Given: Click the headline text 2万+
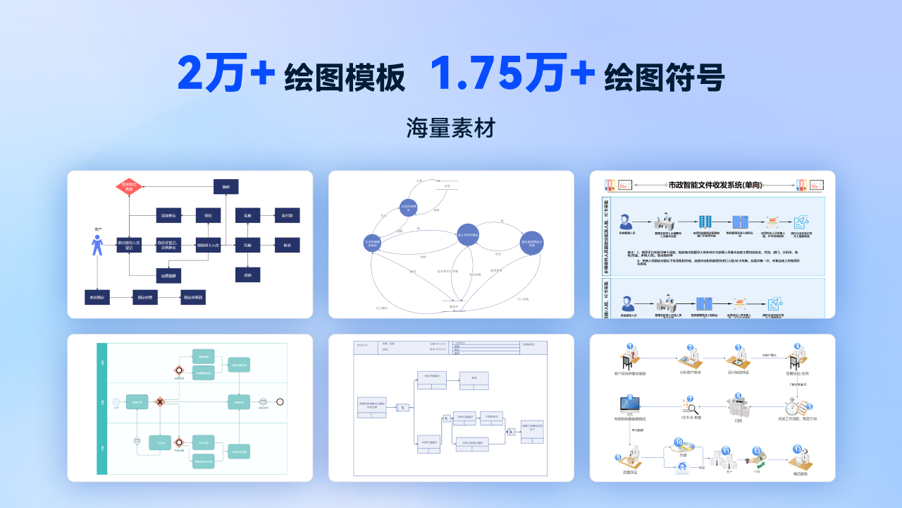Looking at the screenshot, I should [x=225, y=73].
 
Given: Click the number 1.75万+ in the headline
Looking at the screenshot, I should [x=513, y=73].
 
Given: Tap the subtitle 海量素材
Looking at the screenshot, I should [x=451, y=128].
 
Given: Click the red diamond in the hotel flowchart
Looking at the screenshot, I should [x=130, y=187].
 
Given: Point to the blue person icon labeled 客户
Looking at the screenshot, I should [x=97, y=245].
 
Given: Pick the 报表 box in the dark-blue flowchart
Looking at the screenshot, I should [x=287, y=245].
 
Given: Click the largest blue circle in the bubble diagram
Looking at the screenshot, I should [x=468, y=234].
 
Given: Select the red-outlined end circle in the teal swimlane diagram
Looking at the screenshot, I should [x=280, y=401].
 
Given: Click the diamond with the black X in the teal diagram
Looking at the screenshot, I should [x=160, y=401].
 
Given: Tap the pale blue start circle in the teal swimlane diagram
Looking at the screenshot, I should [x=116, y=401].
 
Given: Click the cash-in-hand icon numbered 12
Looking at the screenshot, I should [x=758, y=456].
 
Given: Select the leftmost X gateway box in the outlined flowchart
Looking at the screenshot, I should [x=402, y=407].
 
